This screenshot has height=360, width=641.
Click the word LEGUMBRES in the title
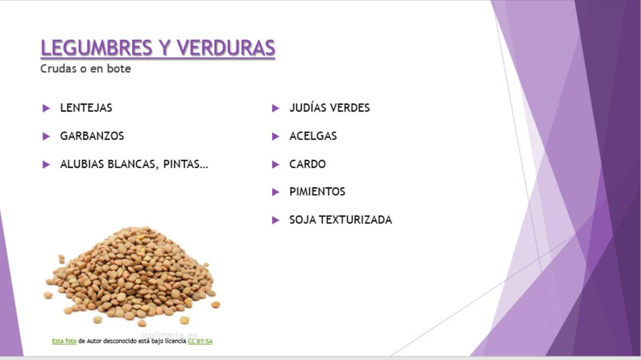pyautogui.click(x=97, y=48)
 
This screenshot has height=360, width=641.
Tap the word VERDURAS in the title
pyautogui.click(x=226, y=48)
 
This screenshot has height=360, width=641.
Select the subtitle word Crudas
pyautogui.click(x=58, y=69)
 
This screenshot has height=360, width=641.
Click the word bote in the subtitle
pyautogui.click(x=119, y=69)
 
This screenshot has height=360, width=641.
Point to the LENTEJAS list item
pyautogui.click(x=86, y=108)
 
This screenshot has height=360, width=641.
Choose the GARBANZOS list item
pyautogui.click(x=92, y=136)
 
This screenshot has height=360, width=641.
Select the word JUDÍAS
pyautogui.click(x=308, y=107)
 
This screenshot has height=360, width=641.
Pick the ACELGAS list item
pyautogui.click(x=313, y=136)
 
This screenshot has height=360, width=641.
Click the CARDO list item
pyautogui.click(x=308, y=165)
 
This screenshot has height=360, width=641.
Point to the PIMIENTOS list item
pyautogui.click(x=317, y=192)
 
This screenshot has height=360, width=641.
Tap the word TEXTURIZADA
pyautogui.click(x=355, y=220)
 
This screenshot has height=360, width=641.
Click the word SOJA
pyautogui.click(x=303, y=220)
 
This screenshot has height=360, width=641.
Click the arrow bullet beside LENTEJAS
pyautogui.click(x=46, y=108)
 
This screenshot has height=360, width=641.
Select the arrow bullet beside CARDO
pyautogui.click(x=275, y=165)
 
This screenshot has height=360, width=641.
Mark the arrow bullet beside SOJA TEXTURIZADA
pyautogui.click(x=275, y=220)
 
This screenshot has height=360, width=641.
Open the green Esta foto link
pyautogui.click(x=64, y=341)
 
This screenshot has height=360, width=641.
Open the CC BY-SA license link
pyautogui.click(x=200, y=341)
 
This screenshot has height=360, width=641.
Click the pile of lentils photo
pyautogui.click(x=132, y=277)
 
